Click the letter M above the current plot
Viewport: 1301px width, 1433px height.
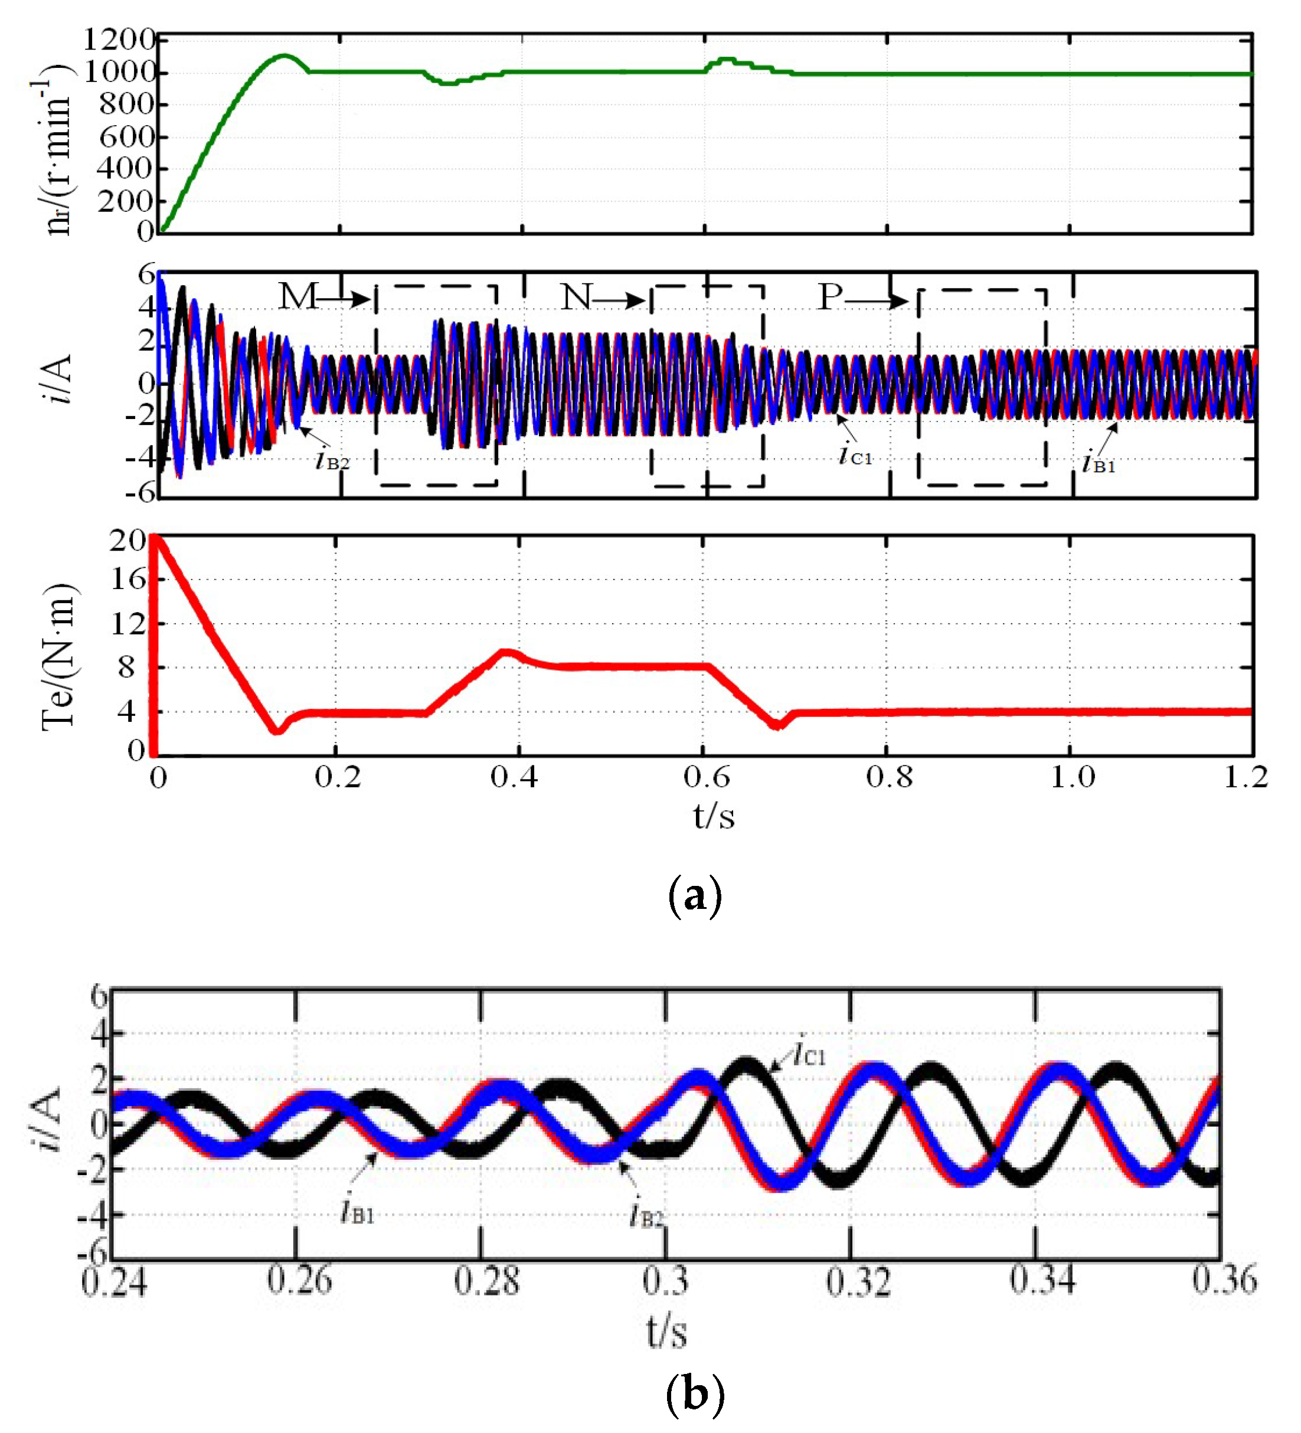296,296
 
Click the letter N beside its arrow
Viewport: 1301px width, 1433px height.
576,296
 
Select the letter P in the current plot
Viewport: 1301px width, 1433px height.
830,296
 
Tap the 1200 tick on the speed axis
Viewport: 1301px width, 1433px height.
119,39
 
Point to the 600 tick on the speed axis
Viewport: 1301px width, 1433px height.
126,136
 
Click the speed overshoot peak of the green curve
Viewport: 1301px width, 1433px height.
285,55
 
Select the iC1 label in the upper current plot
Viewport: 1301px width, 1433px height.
855,454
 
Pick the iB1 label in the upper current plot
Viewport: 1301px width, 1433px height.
1099,463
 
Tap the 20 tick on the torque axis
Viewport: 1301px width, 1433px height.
128,542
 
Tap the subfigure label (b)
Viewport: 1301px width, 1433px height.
695,1395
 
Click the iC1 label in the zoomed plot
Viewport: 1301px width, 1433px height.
810,1054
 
